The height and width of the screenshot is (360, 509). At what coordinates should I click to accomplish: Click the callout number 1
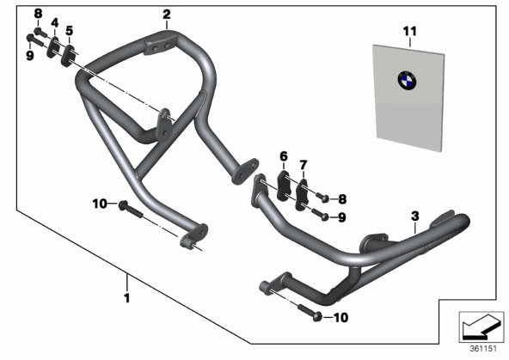pyautogui.click(x=127, y=298)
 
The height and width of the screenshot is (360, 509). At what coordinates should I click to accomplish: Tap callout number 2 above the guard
pyautogui.click(x=166, y=15)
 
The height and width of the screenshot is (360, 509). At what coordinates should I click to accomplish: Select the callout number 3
pyautogui.click(x=415, y=216)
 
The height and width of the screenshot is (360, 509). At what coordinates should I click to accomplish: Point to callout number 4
pyautogui.click(x=55, y=23)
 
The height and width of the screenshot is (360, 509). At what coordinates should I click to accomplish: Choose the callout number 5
pyautogui.click(x=69, y=31)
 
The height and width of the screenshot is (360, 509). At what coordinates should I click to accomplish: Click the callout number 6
pyautogui.click(x=284, y=156)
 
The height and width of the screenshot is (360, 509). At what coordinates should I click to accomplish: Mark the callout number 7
pyautogui.click(x=304, y=165)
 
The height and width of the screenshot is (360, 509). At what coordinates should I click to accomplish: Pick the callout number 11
pyautogui.click(x=409, y=32)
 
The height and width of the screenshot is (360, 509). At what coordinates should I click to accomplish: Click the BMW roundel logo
pyautogui.click(x=407, y=81)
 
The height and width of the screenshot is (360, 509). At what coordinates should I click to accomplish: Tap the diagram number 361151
pyautogui.click(x=483, y=349)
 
